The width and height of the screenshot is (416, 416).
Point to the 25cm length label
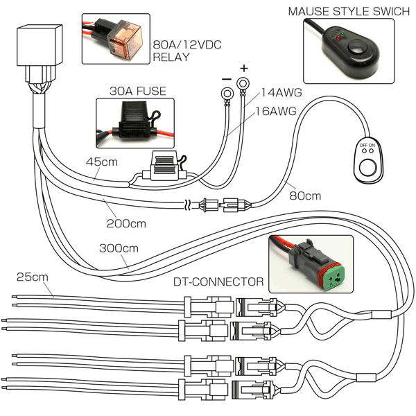(x=32, y=277)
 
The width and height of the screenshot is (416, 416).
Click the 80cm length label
(x=305, y=196)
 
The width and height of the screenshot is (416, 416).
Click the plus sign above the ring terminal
(x=243, y=69)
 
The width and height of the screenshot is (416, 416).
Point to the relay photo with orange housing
(x=114, y=38)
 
